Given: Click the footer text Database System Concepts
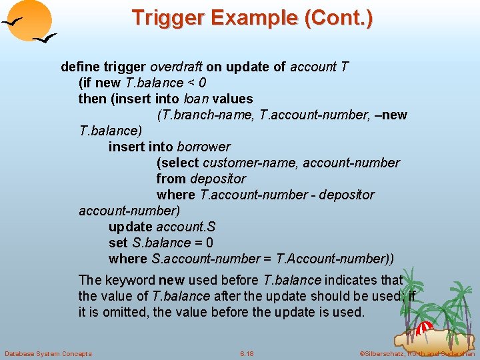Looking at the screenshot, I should [x=48, y=353].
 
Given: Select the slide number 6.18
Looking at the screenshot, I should [x=246, y=353].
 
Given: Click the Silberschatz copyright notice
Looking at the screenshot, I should [x=416, y=353].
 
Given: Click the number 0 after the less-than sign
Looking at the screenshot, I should [x=202, y=83].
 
